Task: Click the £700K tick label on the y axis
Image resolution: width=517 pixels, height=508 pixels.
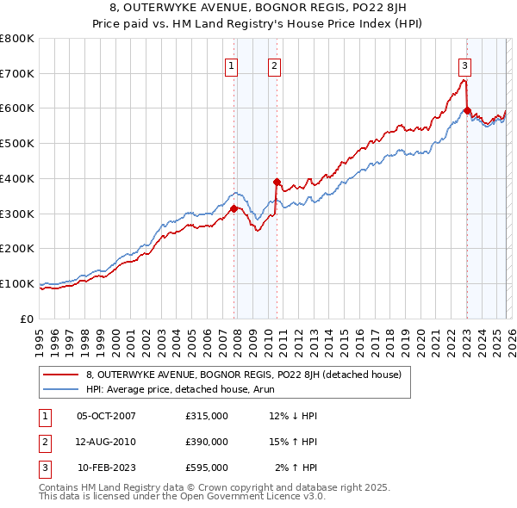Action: pos(17,73)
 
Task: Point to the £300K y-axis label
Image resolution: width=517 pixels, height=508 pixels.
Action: pos(17,214)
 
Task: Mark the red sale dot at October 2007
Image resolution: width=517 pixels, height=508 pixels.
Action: pos(234,208)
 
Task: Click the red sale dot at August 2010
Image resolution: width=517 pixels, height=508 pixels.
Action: pos(277,182)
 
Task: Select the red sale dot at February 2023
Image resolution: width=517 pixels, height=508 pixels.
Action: pos(467,110)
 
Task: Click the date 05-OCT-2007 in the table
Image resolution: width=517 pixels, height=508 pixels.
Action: pos(106,417)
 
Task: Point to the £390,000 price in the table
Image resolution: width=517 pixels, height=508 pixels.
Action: pos(207,442)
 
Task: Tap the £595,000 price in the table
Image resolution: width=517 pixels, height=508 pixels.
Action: pos(207,468)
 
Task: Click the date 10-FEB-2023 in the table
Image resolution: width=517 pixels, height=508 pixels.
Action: pos(106,468)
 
